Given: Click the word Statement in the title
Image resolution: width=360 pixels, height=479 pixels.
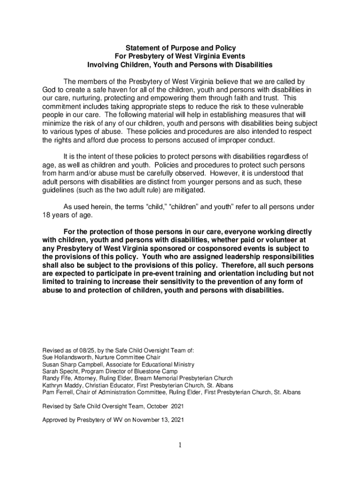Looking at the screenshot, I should click(x=141, y=48).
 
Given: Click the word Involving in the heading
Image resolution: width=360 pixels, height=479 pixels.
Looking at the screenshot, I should click(x=103, y=64).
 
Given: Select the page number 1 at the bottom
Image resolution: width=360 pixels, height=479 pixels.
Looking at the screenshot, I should click(x=180, y=445).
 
